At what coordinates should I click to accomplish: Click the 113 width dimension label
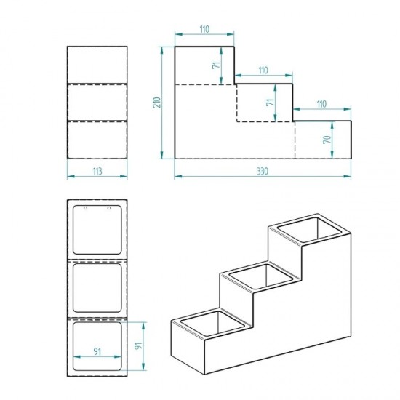[97, 171]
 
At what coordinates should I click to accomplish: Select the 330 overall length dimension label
[263, 171]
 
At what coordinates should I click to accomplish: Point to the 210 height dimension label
[157, 103]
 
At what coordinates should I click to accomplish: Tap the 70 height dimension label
[327, 140]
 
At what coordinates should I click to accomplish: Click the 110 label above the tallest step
[204, 29]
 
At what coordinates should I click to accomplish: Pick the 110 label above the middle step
[263, 70]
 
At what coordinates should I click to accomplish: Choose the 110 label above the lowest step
[321, 104]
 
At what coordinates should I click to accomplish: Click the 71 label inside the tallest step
[216, 65]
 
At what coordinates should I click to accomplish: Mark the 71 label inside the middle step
[270, 102]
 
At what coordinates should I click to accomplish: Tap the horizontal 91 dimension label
[97, 351]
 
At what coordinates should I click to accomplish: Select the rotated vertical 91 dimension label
[138, 346]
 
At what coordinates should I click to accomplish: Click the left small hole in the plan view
[86, 208]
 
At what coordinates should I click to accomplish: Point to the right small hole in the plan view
[109, 208]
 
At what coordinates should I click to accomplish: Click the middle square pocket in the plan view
[97, 288]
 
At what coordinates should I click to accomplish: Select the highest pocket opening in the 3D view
[309, 229]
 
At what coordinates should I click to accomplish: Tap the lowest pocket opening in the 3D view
[212, 324]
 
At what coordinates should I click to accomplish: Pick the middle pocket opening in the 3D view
[260, 277]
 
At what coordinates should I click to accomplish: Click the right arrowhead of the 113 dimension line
[124, 176]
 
